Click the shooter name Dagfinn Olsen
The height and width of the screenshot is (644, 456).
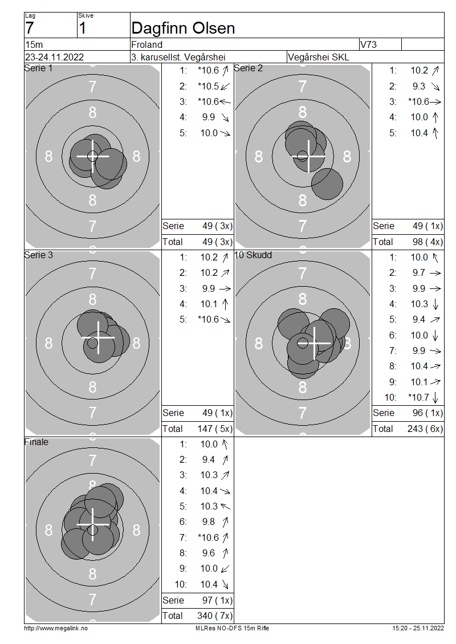coord(183,28)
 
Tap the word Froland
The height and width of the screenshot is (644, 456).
coord(146,44)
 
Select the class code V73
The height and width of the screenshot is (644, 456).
coord(368,44)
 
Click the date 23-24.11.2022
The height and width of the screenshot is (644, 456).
coord(54,57)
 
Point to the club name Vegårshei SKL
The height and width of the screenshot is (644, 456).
coord(319,57)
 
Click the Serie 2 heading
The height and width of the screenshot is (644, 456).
coord(248,68)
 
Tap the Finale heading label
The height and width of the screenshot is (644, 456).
coord(36,442)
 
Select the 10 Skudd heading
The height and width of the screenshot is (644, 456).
coord(253,255)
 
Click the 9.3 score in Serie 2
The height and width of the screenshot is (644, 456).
coord(419,86)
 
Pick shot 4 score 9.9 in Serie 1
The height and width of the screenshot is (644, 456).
coord(208,117)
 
